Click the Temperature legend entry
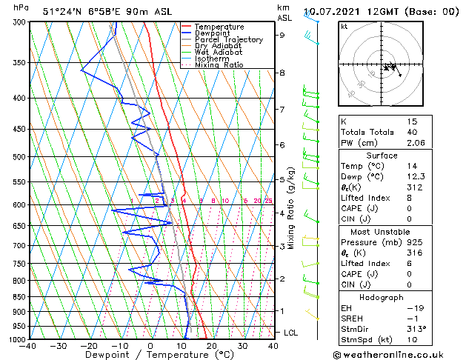coord(219,27)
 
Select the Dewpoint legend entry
coord(213,33)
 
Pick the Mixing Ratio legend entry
coord(219,65)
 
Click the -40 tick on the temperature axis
coord(28,346)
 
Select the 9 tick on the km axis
coord(282,35)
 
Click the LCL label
coord(290,333)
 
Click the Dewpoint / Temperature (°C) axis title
coord(150,355)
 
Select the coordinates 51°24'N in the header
coord(61,12)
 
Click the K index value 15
coord(412,121)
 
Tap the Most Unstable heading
coord(382,233)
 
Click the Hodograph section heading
coord(382,297)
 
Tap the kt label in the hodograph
coord(344,26)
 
